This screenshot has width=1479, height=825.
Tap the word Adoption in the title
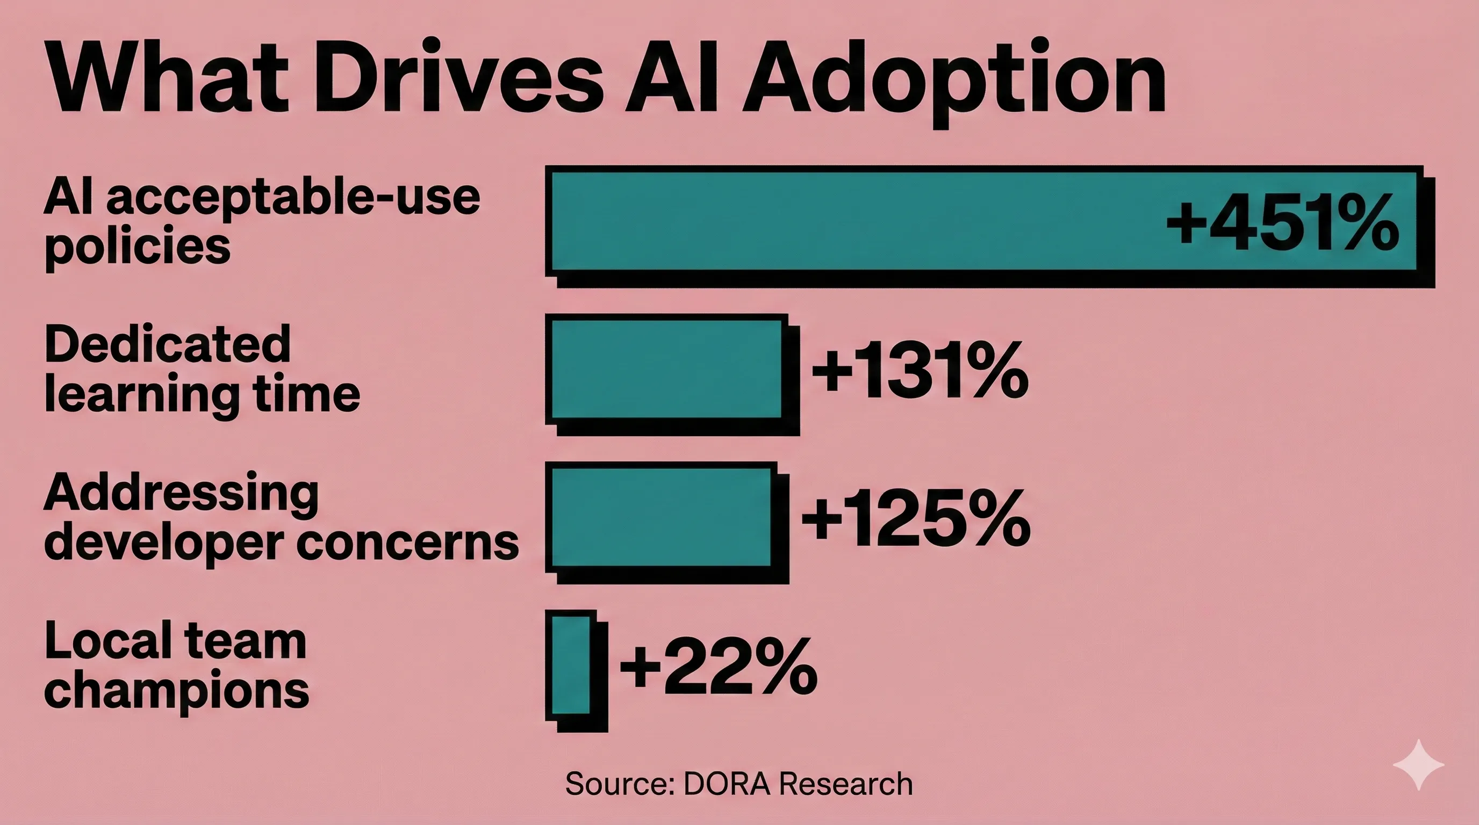953,81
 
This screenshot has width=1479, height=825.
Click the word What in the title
167,77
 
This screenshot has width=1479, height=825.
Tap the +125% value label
915,519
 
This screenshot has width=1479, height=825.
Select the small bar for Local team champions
571,665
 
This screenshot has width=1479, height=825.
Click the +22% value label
717,667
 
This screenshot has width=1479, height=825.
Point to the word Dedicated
167,344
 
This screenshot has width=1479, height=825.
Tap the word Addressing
181,494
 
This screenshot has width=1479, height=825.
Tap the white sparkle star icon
1418,765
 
